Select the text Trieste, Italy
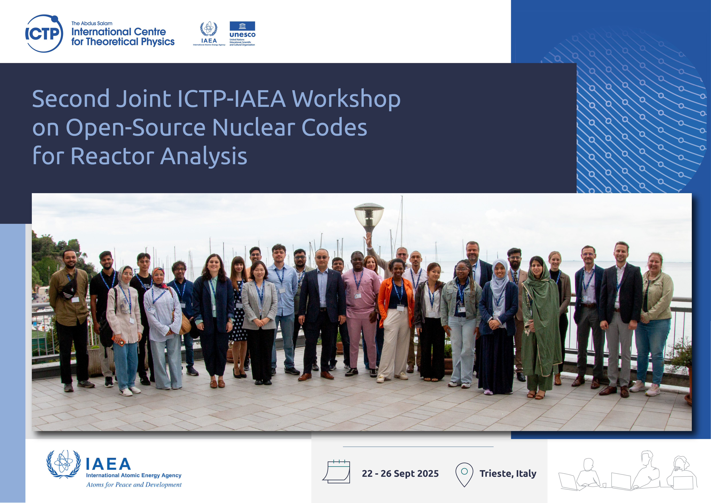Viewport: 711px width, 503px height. (508, 474)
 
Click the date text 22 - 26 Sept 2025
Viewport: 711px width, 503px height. (400, 474)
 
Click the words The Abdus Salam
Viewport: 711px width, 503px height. (92, 24)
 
